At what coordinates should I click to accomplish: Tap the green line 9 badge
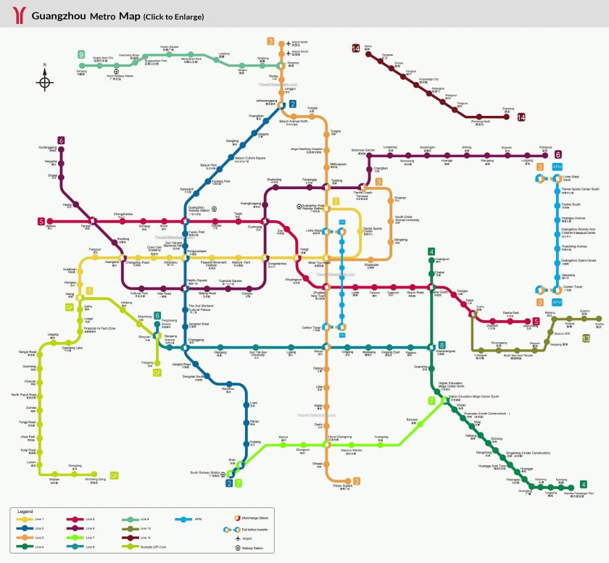[81, 55]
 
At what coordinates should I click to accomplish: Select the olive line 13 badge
[586, 338]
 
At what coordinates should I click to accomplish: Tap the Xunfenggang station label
[48, 148]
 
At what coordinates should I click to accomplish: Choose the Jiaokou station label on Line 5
[51, 226]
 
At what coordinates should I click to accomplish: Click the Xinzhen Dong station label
[95, 480]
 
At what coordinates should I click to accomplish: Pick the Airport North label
[299, 43]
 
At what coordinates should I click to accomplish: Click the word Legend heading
[25, 511]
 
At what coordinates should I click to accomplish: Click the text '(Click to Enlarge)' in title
[173, 16]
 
